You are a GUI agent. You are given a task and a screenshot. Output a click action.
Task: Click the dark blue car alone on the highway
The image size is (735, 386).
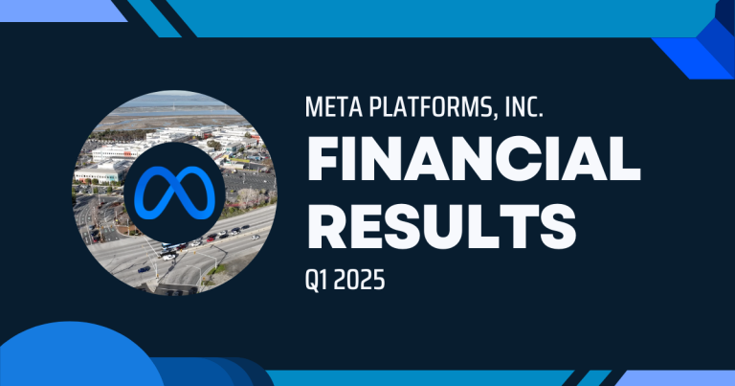(144, 269)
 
